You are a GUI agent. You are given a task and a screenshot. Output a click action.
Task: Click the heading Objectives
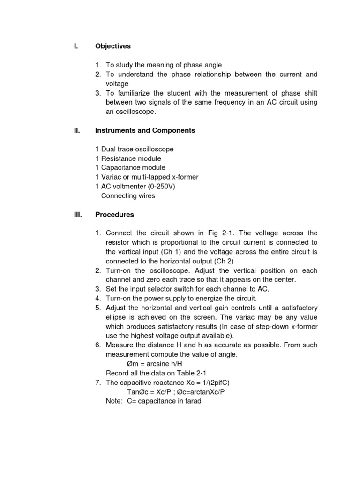pyautogui.click(x=113, y=46)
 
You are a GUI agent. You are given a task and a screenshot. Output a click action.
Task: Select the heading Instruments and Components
pyautogui.click(x=145, y=131)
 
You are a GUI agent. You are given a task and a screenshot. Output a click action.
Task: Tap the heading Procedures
pyautogui.click(x=114, y=215)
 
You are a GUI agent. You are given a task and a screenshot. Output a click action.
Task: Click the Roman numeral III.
pyautogui.click(x=78, y=215)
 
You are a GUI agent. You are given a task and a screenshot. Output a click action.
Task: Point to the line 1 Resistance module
pyautogui.click(x=127, y=158)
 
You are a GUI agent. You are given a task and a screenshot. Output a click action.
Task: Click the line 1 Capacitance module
pyautogui.click(x=130, y=167)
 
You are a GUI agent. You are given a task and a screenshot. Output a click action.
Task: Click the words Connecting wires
pyautogui.click(x=128, y=195)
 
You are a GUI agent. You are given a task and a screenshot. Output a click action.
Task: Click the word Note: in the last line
pyautogui.click(x=115, y=401)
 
